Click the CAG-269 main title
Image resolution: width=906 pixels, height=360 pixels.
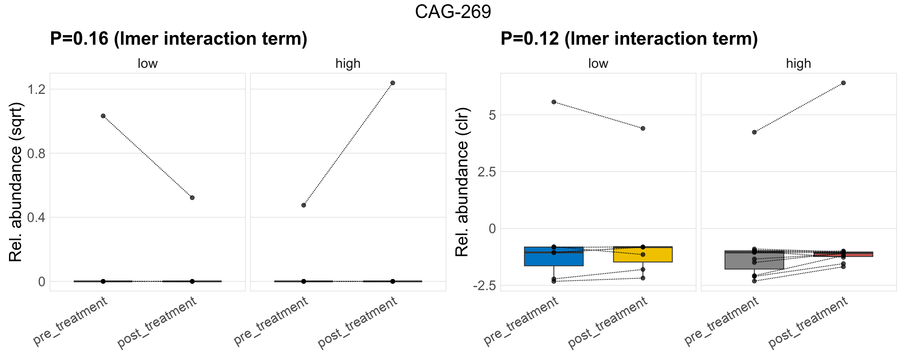pyautogui.click(x=453, y=12)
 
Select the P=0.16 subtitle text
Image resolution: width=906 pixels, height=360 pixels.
pyautogui.click(x=178, y=39)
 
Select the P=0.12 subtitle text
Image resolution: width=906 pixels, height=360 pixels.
pyautogui.click(x=629, y=39)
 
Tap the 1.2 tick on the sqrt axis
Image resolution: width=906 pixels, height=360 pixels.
pyautogui.click(x=37, y=89)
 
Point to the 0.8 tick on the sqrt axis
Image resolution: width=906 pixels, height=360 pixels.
pyautogui.click(x=37, y=154)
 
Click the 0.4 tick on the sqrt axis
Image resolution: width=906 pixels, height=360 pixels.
pyautogui.click(x=37, y=217)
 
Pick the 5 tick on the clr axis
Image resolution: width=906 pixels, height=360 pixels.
pyautogui.click(x=492, y=115)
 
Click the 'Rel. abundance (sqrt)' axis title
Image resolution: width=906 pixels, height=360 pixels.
pyautogui.click(x=16, y=182)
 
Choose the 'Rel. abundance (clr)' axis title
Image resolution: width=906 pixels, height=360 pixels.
pyautogui.click(x=462, y=182)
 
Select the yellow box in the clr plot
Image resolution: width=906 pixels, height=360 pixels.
pyautogui.click(x=643, y=255)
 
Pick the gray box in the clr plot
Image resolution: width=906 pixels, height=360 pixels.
pyautogui.click(x=754, y=261)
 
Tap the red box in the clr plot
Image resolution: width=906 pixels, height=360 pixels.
pyautogui.click(x=843, y=254)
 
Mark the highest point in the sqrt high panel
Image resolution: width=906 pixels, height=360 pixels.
pyautogui.click(x=392, y=83)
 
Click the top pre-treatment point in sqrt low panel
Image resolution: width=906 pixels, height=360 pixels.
pyautogui.click(x=103, y=116)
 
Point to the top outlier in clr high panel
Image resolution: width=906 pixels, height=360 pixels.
pyautogui.click(x=843, y=83)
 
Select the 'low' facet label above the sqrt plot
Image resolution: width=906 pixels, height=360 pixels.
pyautogui.click(x=147, y=64)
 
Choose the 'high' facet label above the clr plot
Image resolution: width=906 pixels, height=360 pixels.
pyautogui.click(x=798, y=64)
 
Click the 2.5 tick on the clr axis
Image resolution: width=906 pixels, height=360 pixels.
pyautogui.click(x=486, y=172)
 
